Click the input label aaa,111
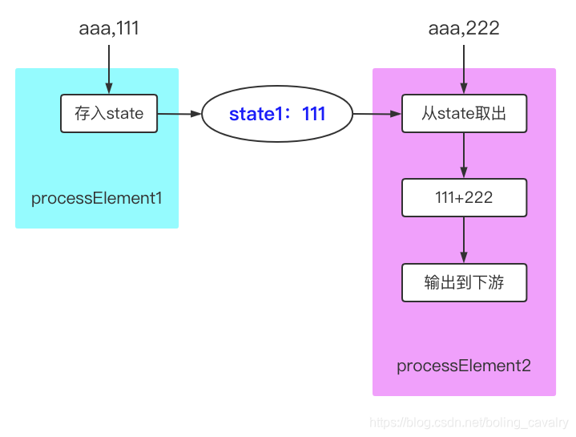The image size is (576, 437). tap(109, 28)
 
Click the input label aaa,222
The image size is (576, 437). tap(464, 28)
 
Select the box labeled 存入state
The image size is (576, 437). tap(109, 113)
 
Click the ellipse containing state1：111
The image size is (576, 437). tap(277, 115)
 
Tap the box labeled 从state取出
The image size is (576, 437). tap(464, 114)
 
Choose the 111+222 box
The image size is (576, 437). tap(464, 198)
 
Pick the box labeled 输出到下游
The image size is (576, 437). tap(464, 283)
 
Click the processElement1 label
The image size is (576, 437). tap(97, 198)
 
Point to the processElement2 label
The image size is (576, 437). tap(464, 366)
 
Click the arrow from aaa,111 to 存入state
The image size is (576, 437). tap(109, 67)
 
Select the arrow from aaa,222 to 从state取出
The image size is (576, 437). tap(464, 67)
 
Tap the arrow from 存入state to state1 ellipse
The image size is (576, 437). tap(179, 114)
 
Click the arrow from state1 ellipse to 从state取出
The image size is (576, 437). tap(377, 114)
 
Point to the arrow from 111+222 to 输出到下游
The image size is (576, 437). tap(464, 240)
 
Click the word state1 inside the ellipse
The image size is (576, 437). tap(253, 115)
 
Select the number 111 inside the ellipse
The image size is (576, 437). tap(314, 115)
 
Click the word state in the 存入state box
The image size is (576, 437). tap(125, 113)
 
